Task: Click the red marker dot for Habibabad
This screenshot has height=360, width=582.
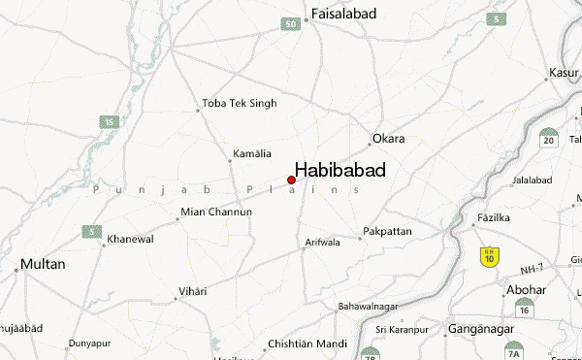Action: click(x=291, y=180)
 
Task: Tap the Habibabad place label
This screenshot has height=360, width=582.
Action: click(x=340, y=170)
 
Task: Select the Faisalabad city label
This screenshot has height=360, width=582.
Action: click(x=342, y=15)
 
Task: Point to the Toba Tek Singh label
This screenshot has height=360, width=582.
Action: click(x=239, y=103)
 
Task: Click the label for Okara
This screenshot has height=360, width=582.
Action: click(x=388, y=139)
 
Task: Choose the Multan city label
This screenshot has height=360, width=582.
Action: click(x=43, y=264)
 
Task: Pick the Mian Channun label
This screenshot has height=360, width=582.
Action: click(x=216, y=212)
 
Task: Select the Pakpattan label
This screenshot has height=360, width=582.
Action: click(x=387, y=232)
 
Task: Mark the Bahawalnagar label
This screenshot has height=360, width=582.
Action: click(x=369, y=307)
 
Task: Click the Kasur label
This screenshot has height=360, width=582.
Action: click(x=564, y=72)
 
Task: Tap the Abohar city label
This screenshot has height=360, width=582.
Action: click(x=525, y=289)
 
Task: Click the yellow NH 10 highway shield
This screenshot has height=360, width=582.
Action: click(x=490, y=256)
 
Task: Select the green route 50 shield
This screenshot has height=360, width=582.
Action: click(x=291, y=22)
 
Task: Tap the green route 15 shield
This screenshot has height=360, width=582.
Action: click(x=110, y=121)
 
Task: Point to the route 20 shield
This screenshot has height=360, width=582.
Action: click(x=549, y=139)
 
